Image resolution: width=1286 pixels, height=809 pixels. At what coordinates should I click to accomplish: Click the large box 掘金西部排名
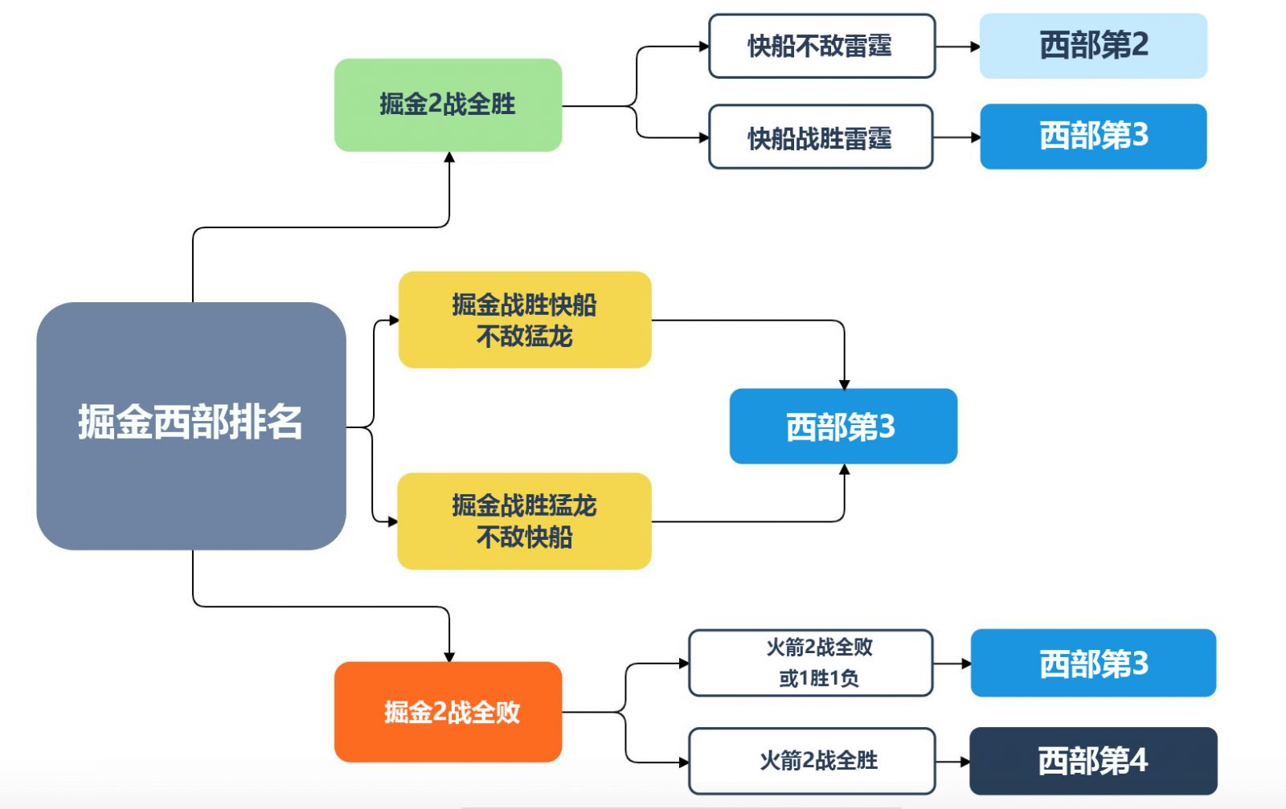click(191, 426)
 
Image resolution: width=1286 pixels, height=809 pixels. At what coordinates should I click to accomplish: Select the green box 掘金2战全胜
click(448, 105)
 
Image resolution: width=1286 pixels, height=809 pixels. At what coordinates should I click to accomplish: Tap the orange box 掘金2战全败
click(448, 712)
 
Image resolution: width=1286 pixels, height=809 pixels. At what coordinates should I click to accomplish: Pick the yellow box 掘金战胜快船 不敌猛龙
click(525, 320)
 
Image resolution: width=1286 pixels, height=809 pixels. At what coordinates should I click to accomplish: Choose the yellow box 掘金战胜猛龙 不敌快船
click(524, 521)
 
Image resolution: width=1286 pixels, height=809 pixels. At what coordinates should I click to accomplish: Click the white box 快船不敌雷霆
click(822, 46)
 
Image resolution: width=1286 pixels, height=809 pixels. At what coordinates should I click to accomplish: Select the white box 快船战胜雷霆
click(821, 137)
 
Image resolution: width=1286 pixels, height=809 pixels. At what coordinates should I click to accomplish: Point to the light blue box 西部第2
click(1093, 46)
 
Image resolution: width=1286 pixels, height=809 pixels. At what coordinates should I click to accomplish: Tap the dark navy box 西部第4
click(1093, 761)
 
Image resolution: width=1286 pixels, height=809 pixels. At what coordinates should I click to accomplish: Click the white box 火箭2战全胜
click(812, 761)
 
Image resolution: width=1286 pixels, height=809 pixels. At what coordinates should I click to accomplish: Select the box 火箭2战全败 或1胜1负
click(811, 663)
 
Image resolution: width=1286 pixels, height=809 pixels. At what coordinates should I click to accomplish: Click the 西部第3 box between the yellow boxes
click(843, 427)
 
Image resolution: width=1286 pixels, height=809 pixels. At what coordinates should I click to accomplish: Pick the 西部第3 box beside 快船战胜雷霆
click(1093, 137)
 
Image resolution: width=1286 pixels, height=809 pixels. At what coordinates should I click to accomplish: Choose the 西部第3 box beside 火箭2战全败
click(1093, 663)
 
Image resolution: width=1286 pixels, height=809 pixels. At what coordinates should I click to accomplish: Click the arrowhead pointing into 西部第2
click(975, 47)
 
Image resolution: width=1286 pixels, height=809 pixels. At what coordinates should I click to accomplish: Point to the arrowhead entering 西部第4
click(965, 762)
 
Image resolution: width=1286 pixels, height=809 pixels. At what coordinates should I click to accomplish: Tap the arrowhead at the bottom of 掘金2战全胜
click(449, 157)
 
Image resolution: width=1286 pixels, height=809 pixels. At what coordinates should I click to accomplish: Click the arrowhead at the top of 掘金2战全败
click(449, 657)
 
